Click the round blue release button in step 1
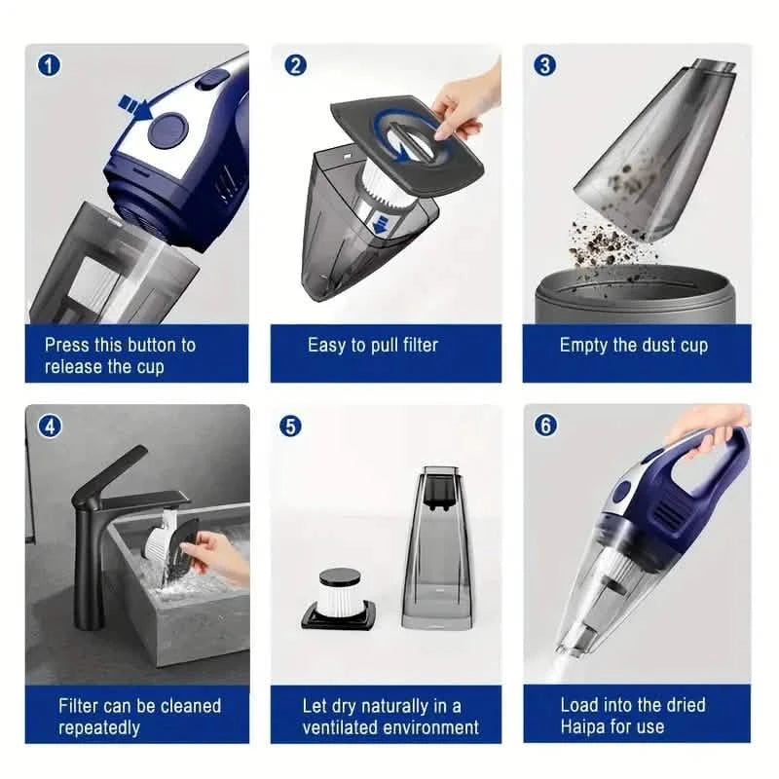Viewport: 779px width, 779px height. point(171,127)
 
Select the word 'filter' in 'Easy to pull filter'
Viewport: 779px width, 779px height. point(416,345)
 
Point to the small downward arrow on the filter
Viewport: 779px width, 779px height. point(382,225)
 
